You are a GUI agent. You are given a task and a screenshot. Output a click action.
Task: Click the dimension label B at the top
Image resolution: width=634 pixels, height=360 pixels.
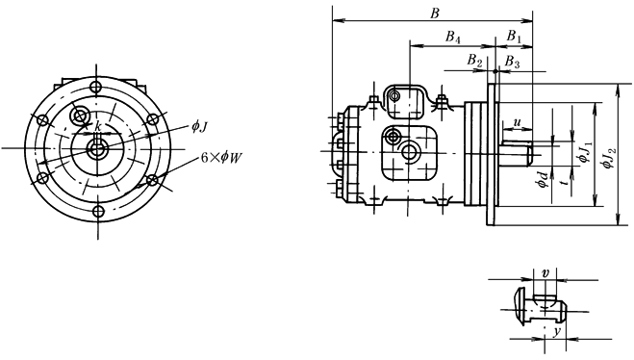click(434, 13)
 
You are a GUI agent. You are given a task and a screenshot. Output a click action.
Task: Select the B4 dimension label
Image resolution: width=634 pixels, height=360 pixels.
click(453, 38)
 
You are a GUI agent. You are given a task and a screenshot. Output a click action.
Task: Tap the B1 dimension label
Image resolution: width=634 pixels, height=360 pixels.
click(514, 37)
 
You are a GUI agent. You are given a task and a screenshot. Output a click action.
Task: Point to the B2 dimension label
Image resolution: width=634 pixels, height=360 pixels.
click(475, 61)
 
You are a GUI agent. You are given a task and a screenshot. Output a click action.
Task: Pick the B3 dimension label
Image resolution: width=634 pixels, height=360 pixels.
click(512, 62)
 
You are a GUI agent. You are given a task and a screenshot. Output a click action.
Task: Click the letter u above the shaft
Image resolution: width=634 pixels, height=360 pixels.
click(518, 122)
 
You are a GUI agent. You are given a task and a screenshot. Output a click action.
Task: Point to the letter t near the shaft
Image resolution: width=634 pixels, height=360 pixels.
click(566, 182)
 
